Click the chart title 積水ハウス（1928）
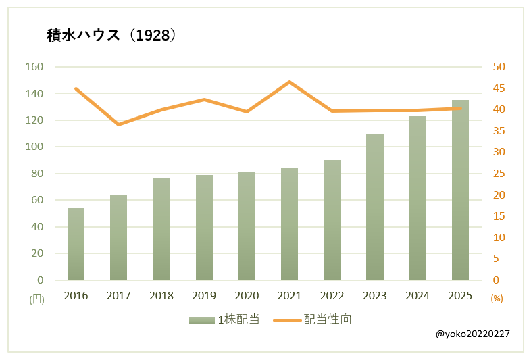[111, 35]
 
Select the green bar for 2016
[76, 244]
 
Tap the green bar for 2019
[204, 228]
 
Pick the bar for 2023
[375, 207]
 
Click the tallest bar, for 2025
[460, 190]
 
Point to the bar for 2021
[289, 224]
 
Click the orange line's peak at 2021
[289, 82]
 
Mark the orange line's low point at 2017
[119, 124]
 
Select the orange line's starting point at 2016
[76, 88]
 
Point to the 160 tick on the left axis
[34, 67]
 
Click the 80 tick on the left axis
[37, 174]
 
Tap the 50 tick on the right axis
[499, 67]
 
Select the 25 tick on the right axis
[499, 174]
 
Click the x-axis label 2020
[247, 296]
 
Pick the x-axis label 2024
[417, 296]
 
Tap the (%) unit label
[497, 299]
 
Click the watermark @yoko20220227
[473, 334]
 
